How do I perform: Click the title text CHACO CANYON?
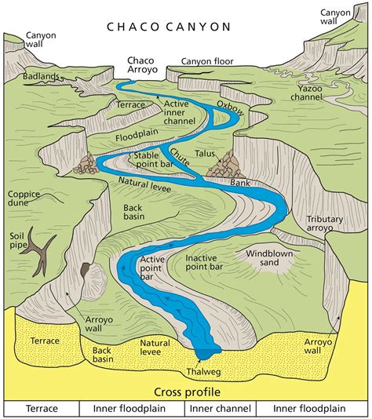pyautogui.click(x=170, y=26)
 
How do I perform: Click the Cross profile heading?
pyautogui.click(x=185, y=392)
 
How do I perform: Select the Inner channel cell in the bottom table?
pyautogui.click(x=220, y=409)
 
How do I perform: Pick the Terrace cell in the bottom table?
pyautogui.click(x=42, y=409)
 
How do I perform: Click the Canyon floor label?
pyautogui.click(x=207, y=61)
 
